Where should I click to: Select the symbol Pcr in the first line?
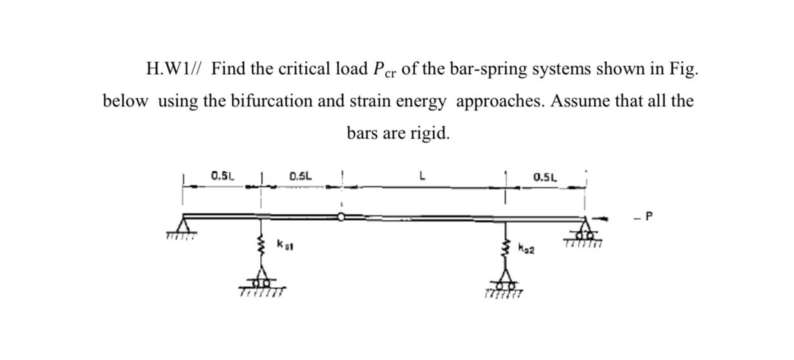point(384,70)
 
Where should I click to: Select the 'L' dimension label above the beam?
point(422,175)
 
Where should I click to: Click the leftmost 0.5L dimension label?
point(223,175)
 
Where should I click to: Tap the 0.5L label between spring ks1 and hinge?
point(301,175)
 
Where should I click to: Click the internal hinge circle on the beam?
point(341,217)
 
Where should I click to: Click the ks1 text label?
point(283,244)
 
